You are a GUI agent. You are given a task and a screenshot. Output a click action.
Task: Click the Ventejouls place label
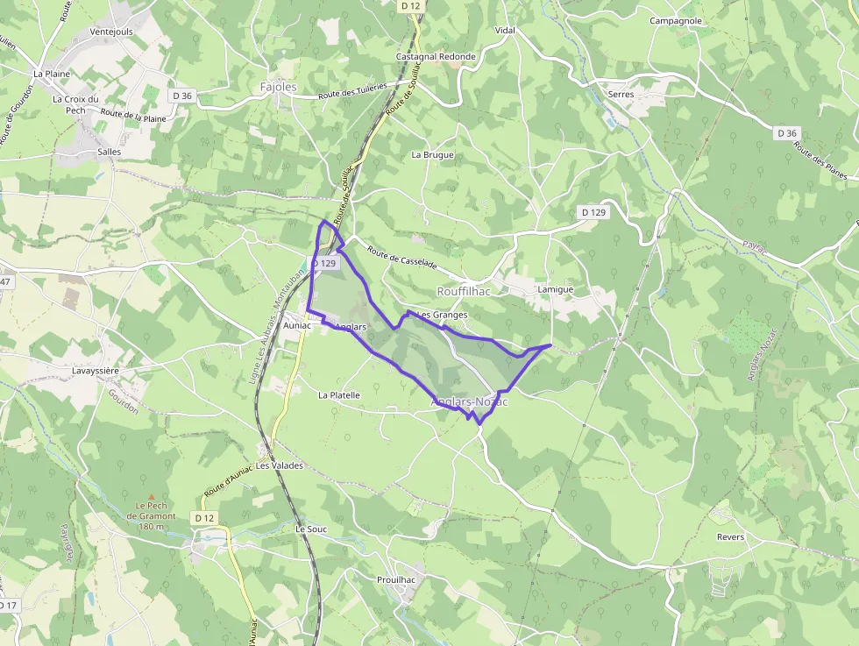point(110,32)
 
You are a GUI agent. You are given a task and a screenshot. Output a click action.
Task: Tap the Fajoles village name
point(279,87)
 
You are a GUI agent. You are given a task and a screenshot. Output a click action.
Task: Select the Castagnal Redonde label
point(436,56)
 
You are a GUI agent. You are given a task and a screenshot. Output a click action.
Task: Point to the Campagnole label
point(676,20)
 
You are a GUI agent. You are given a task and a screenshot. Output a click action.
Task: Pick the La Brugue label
point(433,154)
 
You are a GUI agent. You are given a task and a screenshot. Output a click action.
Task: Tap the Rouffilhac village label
point(464,291)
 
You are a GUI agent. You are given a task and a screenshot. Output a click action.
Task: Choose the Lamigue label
point(556,289)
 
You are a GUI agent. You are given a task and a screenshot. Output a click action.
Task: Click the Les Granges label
point(443,315)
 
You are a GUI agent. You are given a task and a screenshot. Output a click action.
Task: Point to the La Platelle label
point(339,395)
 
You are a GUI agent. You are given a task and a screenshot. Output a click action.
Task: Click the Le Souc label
point(311,529)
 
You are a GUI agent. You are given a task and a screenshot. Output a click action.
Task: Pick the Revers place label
point(730,537)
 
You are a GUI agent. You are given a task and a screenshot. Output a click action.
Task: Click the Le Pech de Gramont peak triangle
point(152,495)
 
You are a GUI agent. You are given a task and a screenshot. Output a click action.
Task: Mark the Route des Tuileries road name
point(352,94)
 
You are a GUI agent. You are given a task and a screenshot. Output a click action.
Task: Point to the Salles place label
point(110,152)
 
